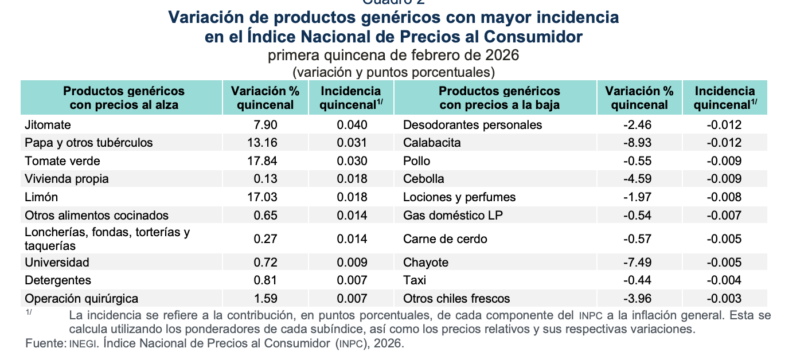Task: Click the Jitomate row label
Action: (x=48, y=125)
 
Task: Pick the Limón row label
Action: (x=41, y=197)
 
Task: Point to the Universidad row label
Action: (x=57, y=263)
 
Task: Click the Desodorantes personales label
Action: (x=473, y=125)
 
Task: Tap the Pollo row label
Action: (x=417, y=161)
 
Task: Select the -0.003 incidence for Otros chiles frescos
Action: (x=724, y=299)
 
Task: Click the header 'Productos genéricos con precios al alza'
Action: (x=124, y=98)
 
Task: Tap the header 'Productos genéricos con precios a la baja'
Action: (x=499, y=98)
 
